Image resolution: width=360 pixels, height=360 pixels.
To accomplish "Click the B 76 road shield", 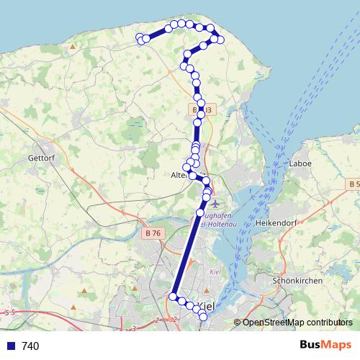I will coord(153,233).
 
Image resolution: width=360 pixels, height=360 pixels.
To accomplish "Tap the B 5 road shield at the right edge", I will coord(353,185).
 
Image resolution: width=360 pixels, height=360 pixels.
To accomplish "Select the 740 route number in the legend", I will coord(30,346).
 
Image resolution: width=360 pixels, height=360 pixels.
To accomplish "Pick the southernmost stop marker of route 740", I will coord(203,316).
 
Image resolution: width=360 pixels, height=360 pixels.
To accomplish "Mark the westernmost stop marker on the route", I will coord(140,37).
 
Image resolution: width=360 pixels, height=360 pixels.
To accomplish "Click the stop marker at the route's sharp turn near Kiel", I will coord(174,296).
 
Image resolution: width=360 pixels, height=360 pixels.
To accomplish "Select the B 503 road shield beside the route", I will coord(204,109).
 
